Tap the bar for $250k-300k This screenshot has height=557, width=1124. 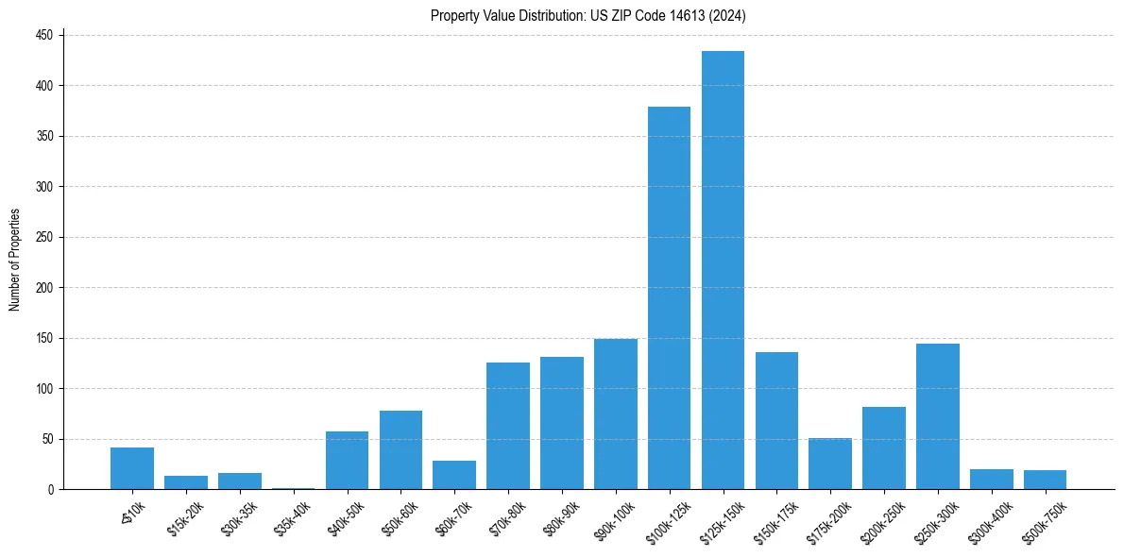tap(938, 416)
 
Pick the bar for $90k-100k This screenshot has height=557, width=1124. tap(615, 414)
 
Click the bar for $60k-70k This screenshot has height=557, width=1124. tap(454, 475)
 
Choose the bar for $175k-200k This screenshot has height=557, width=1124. tap(830, 464)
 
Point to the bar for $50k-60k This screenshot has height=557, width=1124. tap(400, 450)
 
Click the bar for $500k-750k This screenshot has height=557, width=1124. tap(1045, 480)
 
